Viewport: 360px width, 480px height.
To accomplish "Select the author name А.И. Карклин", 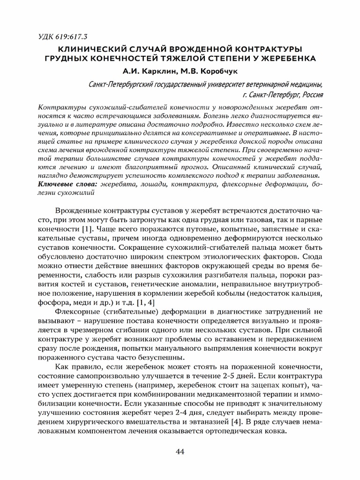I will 145,72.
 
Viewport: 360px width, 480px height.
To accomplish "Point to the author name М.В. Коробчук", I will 209,72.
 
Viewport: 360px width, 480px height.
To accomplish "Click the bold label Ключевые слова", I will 67,185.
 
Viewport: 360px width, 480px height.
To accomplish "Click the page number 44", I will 180,451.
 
